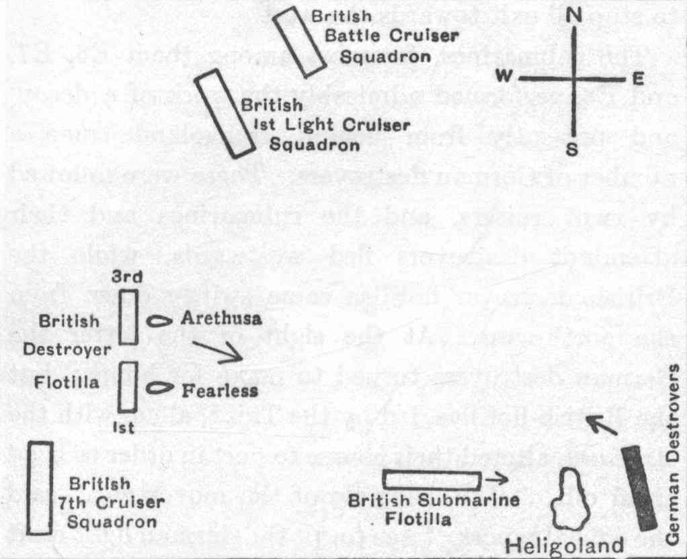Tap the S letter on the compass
(572, 149)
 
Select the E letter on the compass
(638, 79)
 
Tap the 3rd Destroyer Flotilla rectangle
(128, 316)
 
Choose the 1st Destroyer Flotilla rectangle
(128, 386)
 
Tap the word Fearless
(220, 390)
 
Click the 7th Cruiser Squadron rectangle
(41, 487)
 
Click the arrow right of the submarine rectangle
(497, 480)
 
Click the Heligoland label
(563, 546)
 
